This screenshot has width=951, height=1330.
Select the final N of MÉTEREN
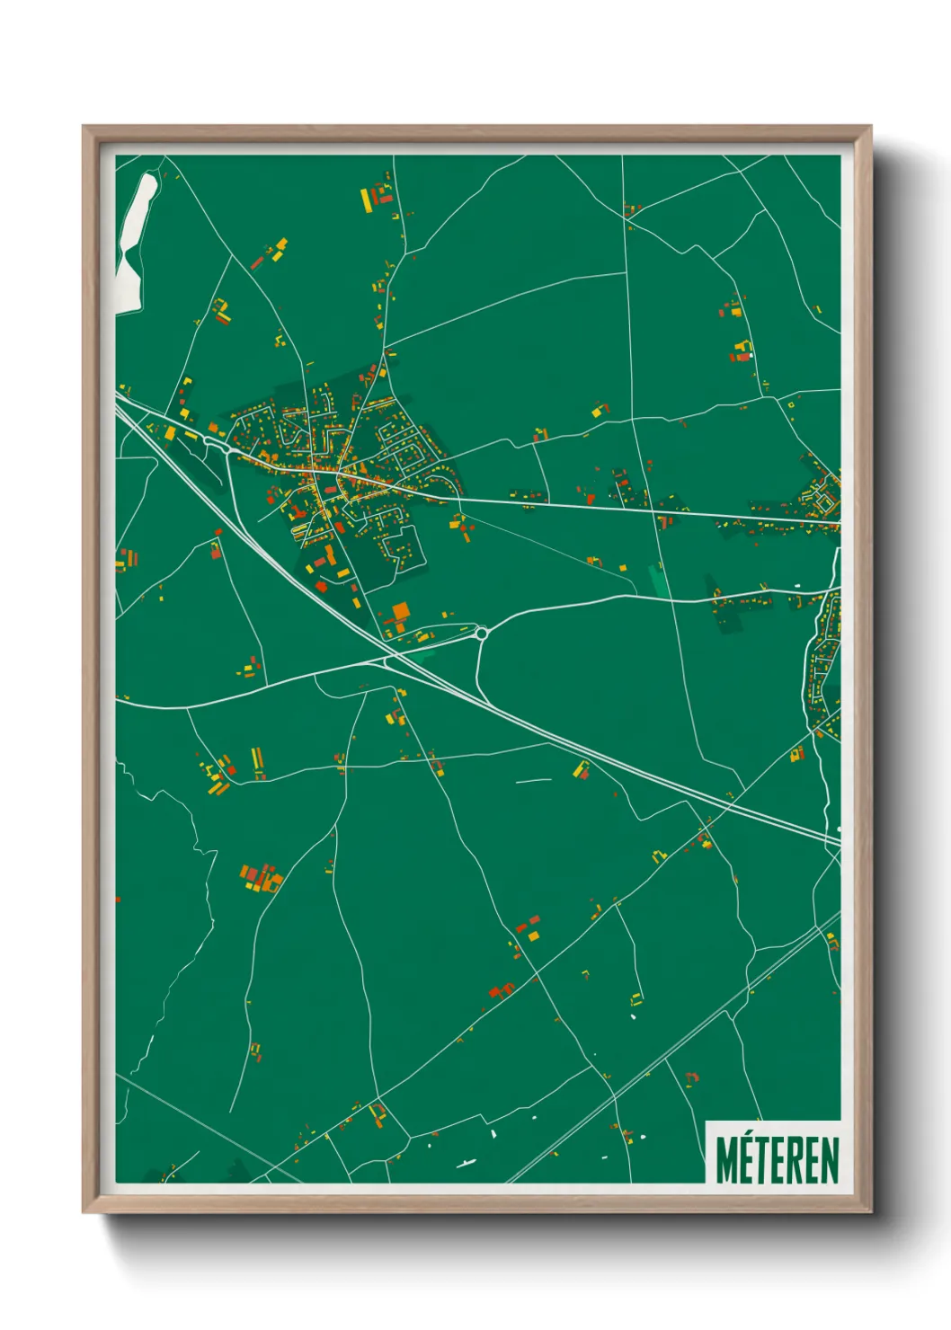pos(830,1160)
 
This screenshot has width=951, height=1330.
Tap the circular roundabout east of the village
pos(481,634)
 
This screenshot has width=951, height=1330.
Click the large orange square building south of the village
pos(400,612)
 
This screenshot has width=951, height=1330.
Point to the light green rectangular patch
pos(660,580)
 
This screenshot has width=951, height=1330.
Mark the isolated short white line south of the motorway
pos(533,780)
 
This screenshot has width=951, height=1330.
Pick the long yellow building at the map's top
pos(366,199)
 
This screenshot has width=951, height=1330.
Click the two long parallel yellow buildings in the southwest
pos(257,762)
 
